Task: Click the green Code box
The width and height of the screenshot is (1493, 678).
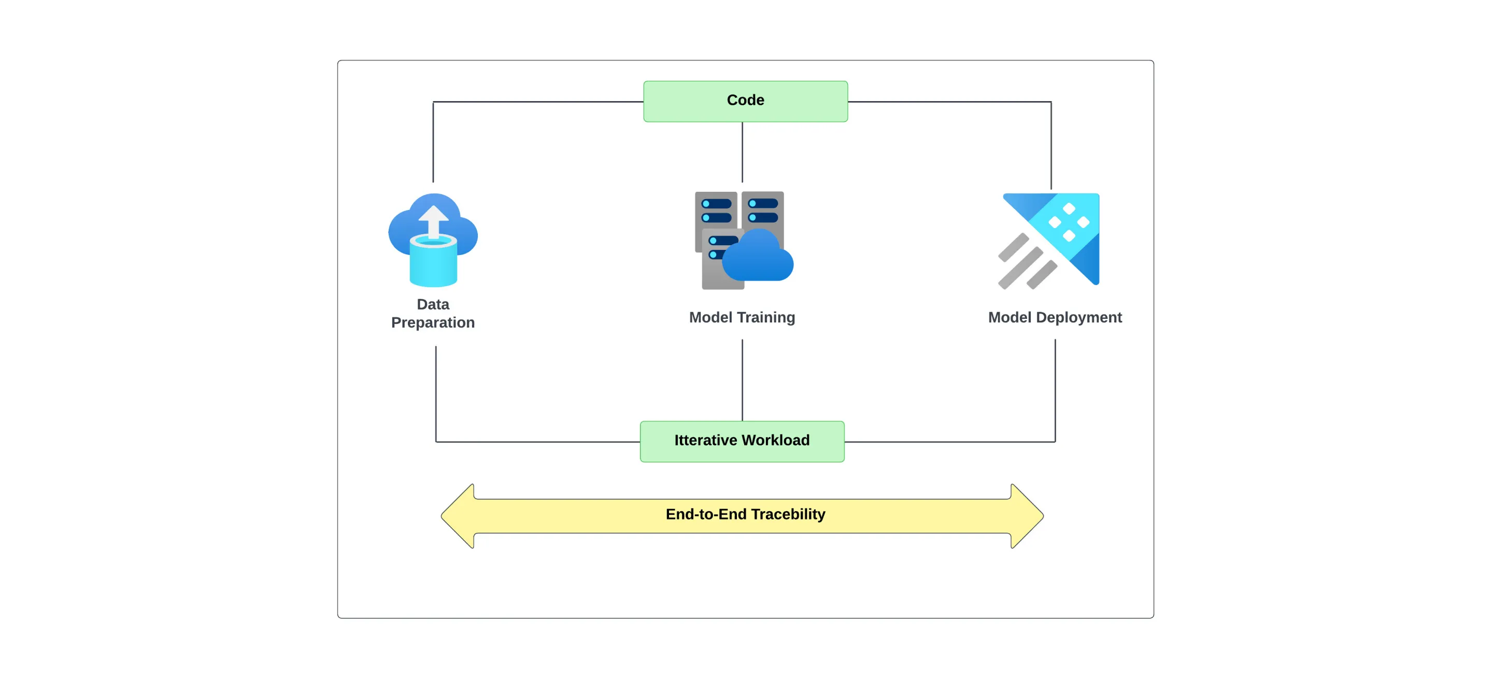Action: tap(745, 102)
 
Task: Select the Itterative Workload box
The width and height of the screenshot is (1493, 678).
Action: tap(742, 442)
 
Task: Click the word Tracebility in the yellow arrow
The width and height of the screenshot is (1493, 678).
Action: tap(788, 514)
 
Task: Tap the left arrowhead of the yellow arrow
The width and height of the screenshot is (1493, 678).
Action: tap(458, 516)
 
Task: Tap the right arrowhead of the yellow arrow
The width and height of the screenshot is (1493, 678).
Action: tap(1028, 516)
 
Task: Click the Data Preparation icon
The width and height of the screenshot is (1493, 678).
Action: tap(433, 240)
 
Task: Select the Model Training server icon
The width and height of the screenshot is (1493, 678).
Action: tap(744, 240)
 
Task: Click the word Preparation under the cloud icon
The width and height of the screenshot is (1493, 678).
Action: tap(433, 323)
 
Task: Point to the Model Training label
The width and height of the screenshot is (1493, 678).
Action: tap(742, 318)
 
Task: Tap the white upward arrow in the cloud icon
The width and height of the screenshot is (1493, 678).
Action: tap(434, 222)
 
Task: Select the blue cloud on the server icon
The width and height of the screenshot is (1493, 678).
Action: tap(758, 256)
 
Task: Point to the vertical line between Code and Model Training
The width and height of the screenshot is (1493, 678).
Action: tap(743, 152)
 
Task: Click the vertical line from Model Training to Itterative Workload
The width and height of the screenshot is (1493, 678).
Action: tap(743, 380)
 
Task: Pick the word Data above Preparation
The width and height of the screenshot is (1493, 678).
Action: tap(433, 304)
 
